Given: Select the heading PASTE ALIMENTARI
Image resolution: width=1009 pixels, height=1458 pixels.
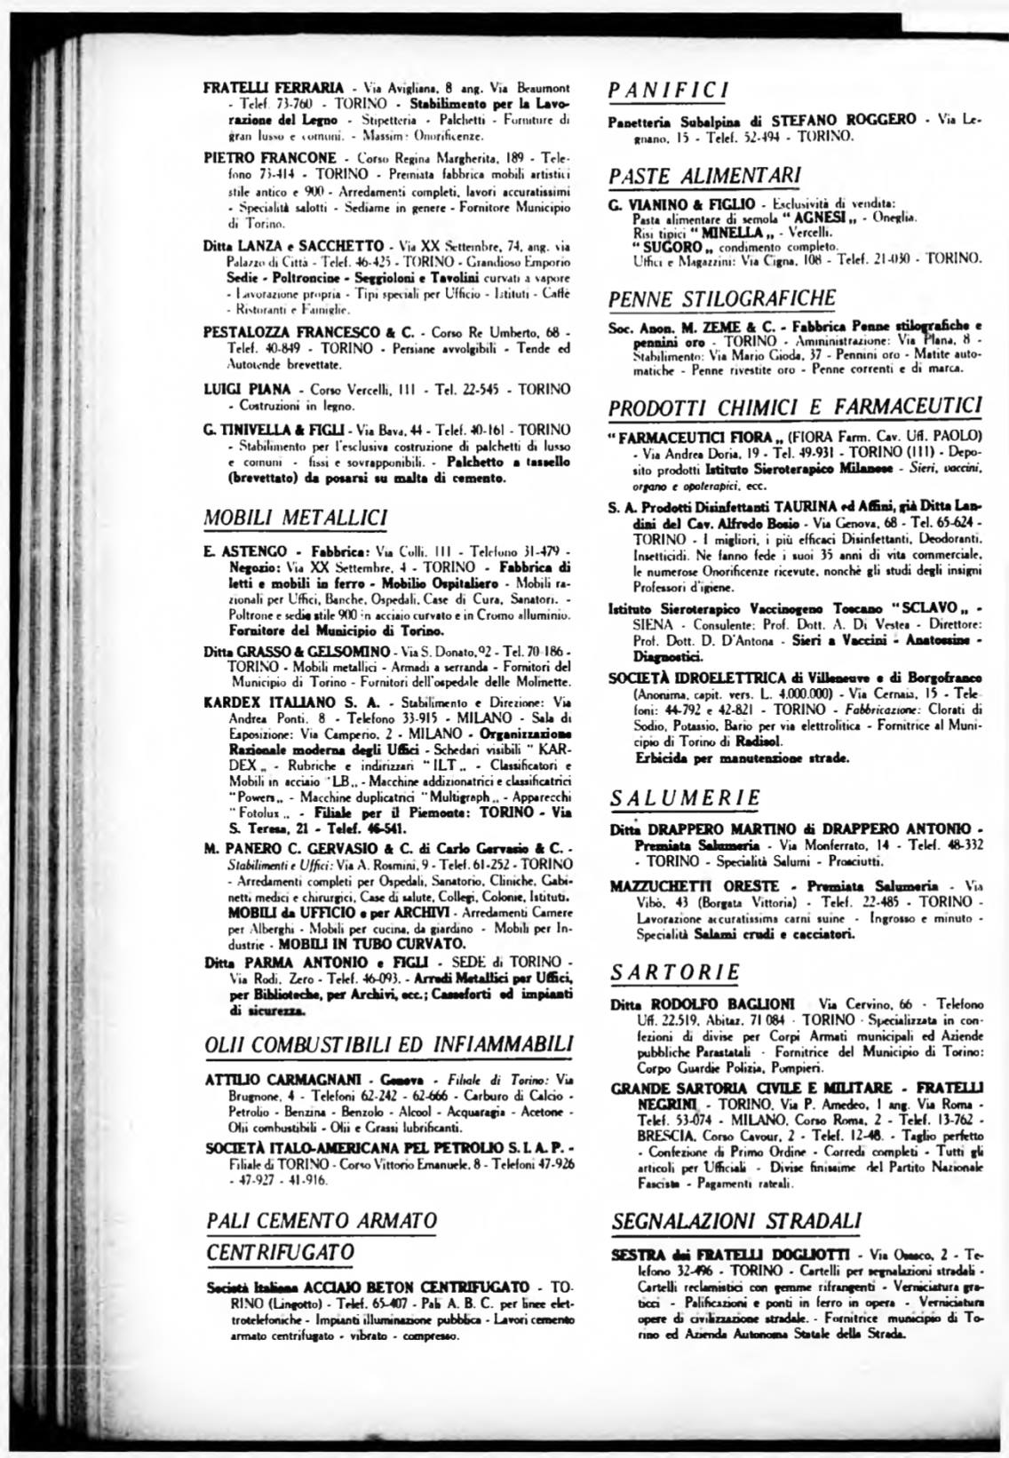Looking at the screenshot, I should coord(705,176).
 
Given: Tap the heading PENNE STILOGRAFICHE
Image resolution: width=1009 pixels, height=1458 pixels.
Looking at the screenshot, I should coord(722,297).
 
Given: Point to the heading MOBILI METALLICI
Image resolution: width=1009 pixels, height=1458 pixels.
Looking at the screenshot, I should coord(296,517).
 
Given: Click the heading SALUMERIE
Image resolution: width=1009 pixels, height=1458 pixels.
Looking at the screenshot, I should coord(686,797).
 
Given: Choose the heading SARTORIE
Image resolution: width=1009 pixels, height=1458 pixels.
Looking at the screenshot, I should coord(675,972).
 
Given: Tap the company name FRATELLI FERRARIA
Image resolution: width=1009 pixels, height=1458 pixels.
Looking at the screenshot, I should coord(273,88).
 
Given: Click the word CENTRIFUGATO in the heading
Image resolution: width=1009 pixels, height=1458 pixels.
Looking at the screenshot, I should coord(281,1252).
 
